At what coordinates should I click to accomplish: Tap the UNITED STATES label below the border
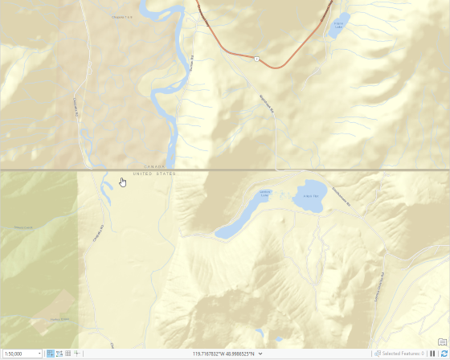(154, 174)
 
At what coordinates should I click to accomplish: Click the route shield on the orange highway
(256, 58)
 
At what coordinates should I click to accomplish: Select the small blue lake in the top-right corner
(341, 25)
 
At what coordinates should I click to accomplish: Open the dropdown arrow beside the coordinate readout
(260, 354)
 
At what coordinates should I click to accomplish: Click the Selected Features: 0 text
(403, 354)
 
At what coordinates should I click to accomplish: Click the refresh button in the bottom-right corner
(442, 354)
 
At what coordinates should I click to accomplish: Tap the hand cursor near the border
(122, 182)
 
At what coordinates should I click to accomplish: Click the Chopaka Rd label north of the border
(78, 105)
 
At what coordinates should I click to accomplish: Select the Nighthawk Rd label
(266, 102)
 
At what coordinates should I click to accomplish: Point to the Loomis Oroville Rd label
(382, 285)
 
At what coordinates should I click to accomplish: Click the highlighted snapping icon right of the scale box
(51, 354)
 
